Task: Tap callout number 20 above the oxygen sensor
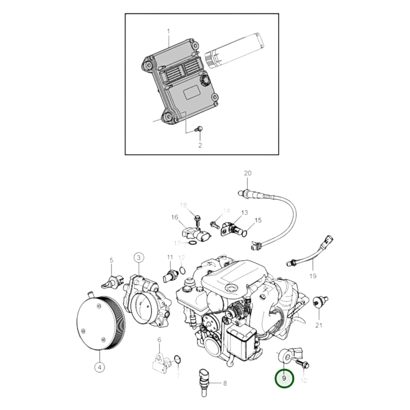point(248,173)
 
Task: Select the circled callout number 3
point(139,258)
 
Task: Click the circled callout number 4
point(99,368)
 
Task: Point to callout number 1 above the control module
point(168,31)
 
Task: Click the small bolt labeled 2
point(199,129)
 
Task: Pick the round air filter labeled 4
point(101,322)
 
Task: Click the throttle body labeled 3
point(146,304)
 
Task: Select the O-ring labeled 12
point(183,270)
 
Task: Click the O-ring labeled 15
point(245,233)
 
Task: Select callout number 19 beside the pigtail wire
point(313,276)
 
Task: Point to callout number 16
point(174,217)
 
